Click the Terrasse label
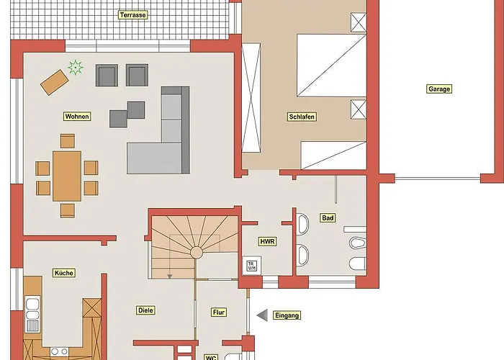(x=133, y=15)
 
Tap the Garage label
(x=439, y=89)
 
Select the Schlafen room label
(x=302, y=117)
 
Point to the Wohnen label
(x=77, y=117)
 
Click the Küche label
(x=64, y=273)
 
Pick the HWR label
(x=267, y=241)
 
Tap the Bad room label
(x=328, y=218)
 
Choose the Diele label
(x=145, y=310)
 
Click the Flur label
(x=219, y=312)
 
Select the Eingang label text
(x=287, y=315)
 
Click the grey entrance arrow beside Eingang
(x=262, y=315)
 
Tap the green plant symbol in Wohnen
(x=76, y=68)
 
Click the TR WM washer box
(x=252, y=266)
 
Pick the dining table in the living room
(x=67, y=176)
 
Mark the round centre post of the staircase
(x=197, y=252)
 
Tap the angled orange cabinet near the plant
(x=55, y=82)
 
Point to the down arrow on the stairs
(x=169, y=276)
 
